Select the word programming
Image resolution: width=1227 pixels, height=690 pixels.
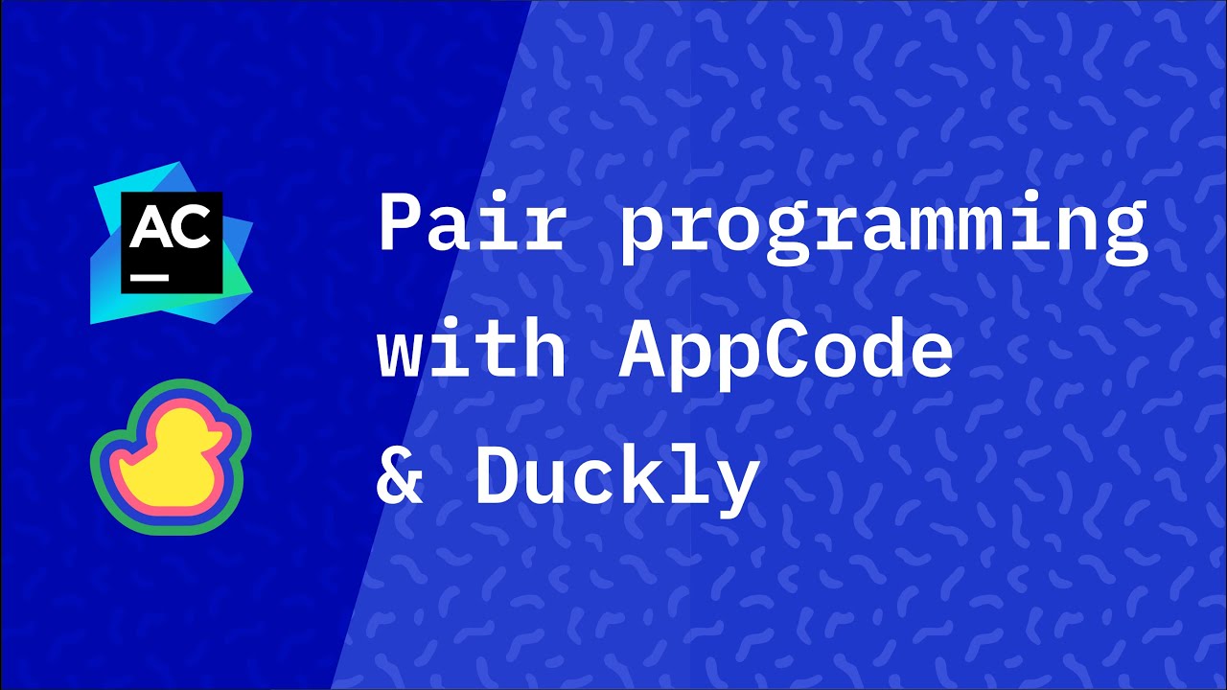pyautogui.click(x=883, y=230)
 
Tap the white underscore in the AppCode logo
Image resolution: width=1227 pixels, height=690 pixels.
pyautogui.click(x=150, y=276)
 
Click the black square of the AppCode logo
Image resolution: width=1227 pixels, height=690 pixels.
pyautogui.click(x=172, y=264)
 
